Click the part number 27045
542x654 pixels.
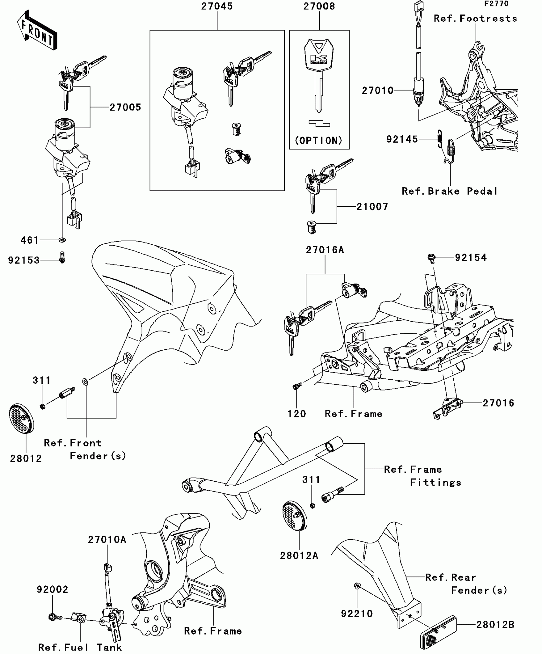click(217, 6)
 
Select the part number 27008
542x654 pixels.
click(319, 6)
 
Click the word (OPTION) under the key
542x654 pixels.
click(319, 140)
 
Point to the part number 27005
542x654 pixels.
click(125, 108)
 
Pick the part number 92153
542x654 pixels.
click(24, 260)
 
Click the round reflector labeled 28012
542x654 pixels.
click(21, 419)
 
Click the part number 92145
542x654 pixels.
click(402, 139)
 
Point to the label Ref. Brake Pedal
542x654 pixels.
click(450, 191)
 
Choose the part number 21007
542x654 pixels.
click(372, 207)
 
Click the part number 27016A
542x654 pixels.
click(325, 250)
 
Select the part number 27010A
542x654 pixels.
click(107, 539)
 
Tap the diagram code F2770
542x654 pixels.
click(496, 4)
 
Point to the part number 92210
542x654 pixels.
click(357, 613)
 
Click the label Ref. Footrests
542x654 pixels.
click(475, 19)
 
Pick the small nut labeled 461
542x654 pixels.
click(62, 240)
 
